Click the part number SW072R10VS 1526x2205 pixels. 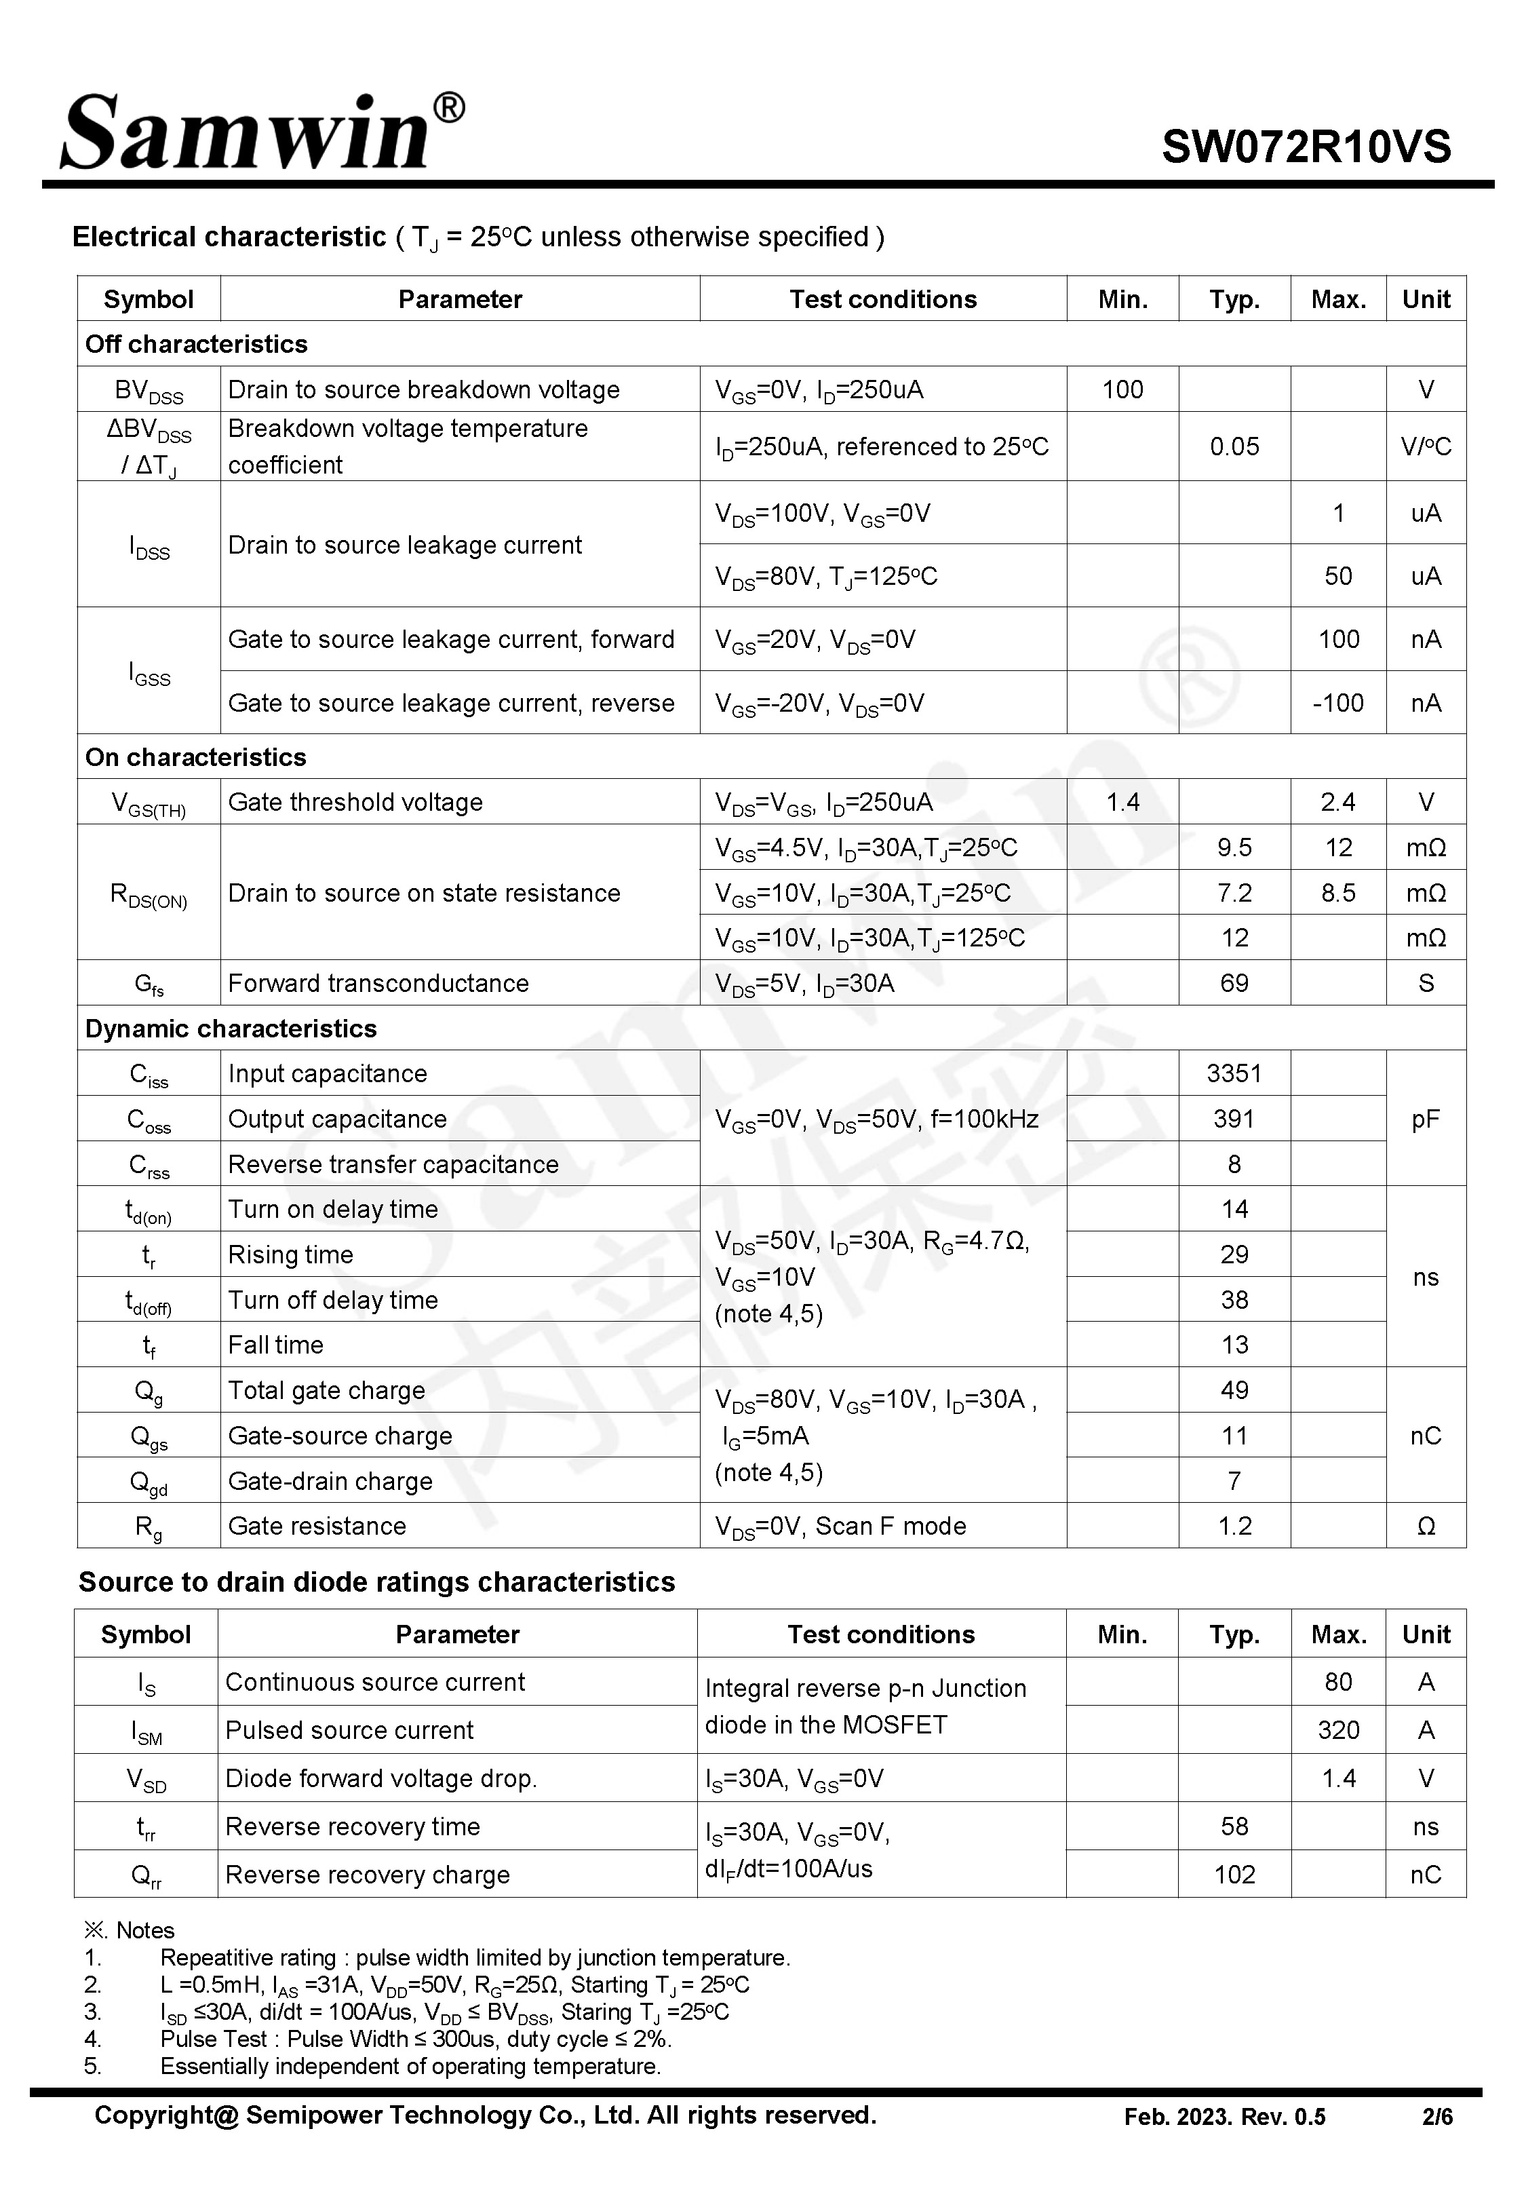[1306, 147]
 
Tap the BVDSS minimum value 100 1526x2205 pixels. [1122, 389]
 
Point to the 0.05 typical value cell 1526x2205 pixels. [1234, 446]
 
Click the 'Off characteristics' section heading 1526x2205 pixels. [196, 344]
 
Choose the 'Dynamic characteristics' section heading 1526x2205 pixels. [231, 1028]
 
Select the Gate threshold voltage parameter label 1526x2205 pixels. [355, 801]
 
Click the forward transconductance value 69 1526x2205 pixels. [1234, 983]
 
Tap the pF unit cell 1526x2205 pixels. [1425, 1119]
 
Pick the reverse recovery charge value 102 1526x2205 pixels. [1234, 1874]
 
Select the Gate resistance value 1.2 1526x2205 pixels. [1234, 1526]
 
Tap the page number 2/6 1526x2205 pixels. [1437, 2117]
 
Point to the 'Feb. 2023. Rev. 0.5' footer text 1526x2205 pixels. [1224, 2117]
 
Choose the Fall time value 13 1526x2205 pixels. [1234, 1345]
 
